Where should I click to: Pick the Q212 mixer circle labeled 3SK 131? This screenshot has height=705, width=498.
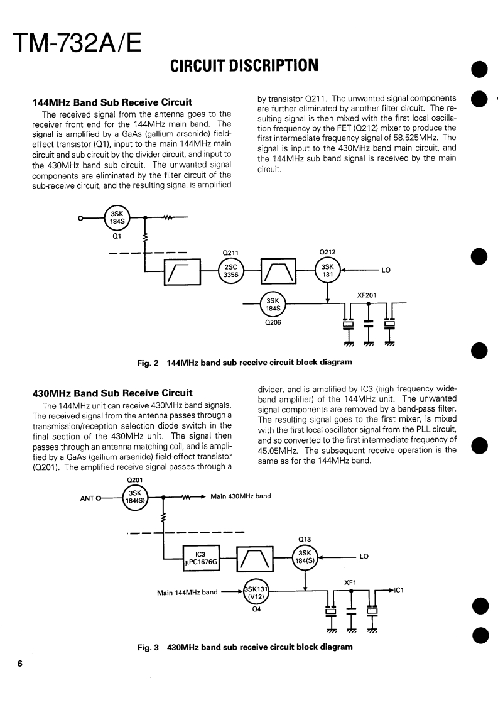[x=327, y=271]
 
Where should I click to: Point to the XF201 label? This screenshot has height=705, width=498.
[x=367, y=295]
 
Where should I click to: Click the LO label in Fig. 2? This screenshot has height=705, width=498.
[x=386, y=271]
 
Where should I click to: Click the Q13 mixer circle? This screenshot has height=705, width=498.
[x=306, y=557]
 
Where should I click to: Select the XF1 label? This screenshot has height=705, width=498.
[x=350, y=582]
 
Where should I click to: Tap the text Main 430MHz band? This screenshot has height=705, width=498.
[x=241, y=496]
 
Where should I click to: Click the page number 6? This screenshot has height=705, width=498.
[x=20, y=664]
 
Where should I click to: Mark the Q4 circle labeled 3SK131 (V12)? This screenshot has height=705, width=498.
[x=256, y=592]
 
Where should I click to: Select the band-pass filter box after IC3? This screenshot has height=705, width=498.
[x=254, y=558]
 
